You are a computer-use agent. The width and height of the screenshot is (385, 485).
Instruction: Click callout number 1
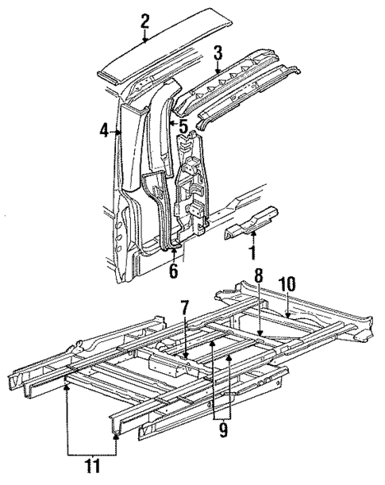(253, 255)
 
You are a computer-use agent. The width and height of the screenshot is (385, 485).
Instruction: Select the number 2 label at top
(144, 21)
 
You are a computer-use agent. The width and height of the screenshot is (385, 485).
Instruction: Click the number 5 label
(183, 125)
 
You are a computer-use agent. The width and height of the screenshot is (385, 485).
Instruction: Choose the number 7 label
(184, 307)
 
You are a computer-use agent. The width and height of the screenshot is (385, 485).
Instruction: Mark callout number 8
(258, 277)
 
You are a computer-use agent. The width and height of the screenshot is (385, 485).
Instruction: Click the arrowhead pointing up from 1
(253, 234)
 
